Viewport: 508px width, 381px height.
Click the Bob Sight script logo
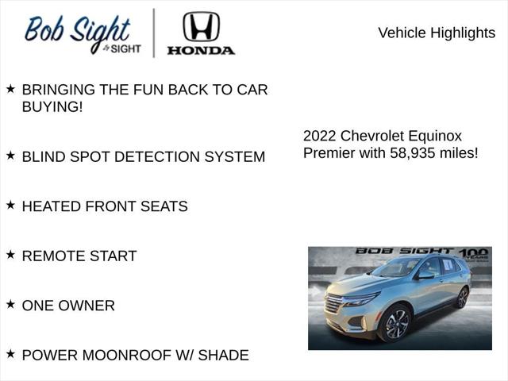tap(78, 34)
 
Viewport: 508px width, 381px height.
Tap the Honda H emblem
tap(201, 26)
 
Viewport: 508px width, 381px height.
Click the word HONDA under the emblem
tap(201, 50)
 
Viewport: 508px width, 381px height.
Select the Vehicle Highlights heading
tap(436, 33)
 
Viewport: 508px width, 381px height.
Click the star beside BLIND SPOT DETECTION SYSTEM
tap(10, 156)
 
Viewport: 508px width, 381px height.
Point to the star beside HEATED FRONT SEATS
tap(10, 205)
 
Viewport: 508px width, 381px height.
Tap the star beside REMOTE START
tap(10, 255)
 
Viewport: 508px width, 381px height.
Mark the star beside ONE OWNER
tap(10, 304)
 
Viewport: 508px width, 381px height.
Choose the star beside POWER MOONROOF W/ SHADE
tap(10, 354)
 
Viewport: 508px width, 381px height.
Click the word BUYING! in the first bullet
tap(52, 106)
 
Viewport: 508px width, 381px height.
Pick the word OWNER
tap(87, 306)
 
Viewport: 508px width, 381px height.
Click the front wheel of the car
tap(395, 323)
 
